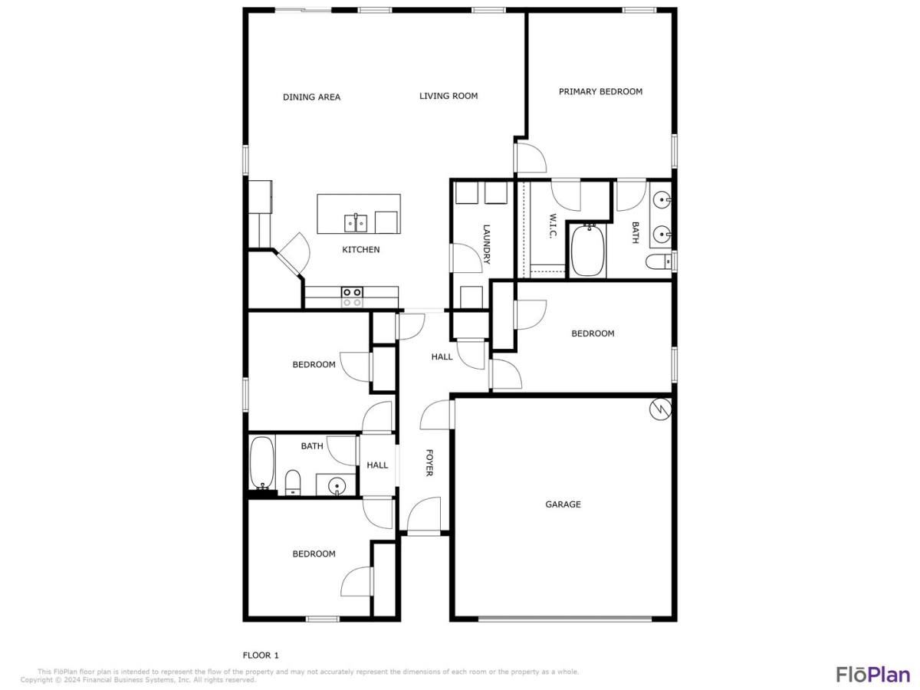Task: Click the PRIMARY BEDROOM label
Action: click(x=600, y=92)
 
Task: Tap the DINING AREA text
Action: click(x=311, y=97)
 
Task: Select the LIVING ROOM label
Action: click(x=449, y=96)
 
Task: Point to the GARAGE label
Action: click(x=563, y=504)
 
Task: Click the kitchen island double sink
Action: click(x=356, y=222)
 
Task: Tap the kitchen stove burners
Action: click(x=352, y=297)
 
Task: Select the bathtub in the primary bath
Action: click(x=587, y=250)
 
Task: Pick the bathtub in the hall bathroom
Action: click(x=262, y=463)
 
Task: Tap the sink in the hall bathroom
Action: click(x=337, y=486)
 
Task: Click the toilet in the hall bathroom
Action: click(x=293, y=483)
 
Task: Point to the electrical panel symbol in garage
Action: click(x=660, y=409)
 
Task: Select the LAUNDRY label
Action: click(x=486, y=245)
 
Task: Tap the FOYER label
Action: click(x=429, y=462)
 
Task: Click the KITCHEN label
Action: click(x=361, y=250)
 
